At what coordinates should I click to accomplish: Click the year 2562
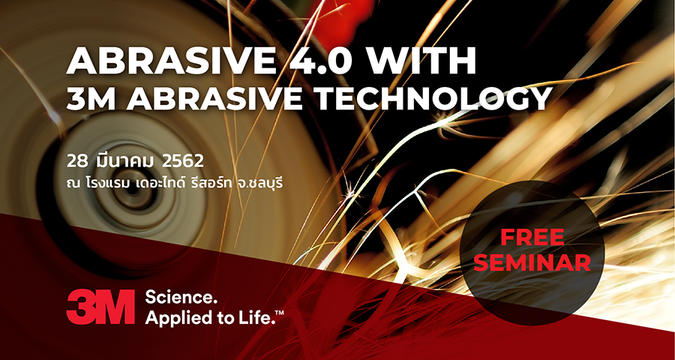(x=182, y=161)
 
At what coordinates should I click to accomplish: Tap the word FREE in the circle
(x=532, y=237)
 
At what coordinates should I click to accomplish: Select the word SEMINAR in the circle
(x=532, y=262)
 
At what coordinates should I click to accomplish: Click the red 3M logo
(x=100, y=307)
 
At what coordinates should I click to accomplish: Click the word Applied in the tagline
(x=174, y=319)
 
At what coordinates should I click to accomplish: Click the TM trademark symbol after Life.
(x=280, y=313)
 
